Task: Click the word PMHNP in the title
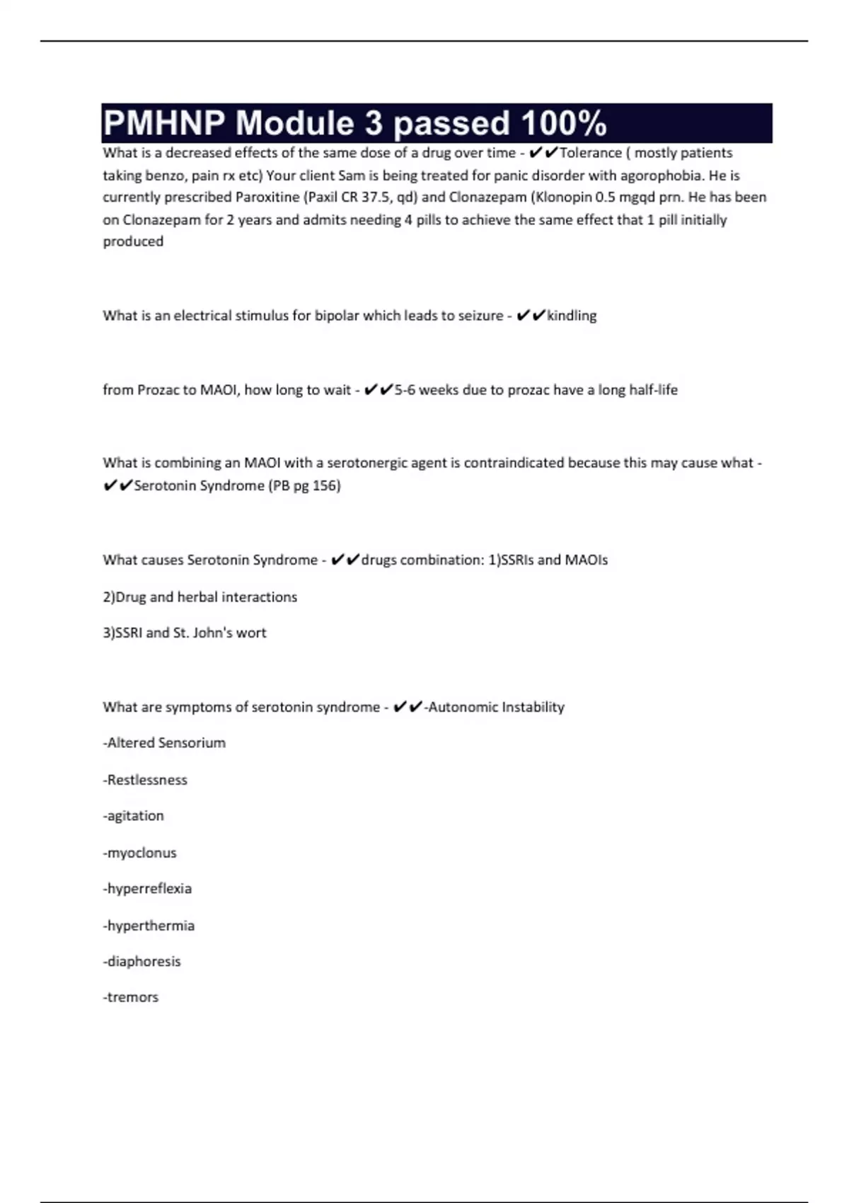[x=164, y=123]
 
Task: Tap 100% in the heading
[x=564, y=123]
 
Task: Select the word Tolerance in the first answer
[x=591, y=153]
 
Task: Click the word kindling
[x=572, y=316]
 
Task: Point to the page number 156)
[x=326, y=485]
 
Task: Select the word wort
[x=251, y=633]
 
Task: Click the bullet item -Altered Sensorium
[x=164, y=743]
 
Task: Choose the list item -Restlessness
[x=145, y=780]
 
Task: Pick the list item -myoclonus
[x=139, y=853]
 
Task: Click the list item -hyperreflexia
[x=147, y=889]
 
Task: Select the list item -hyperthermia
[x=149, y=926]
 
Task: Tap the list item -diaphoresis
[x=141, y=962]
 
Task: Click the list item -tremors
[x=131, y=997]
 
